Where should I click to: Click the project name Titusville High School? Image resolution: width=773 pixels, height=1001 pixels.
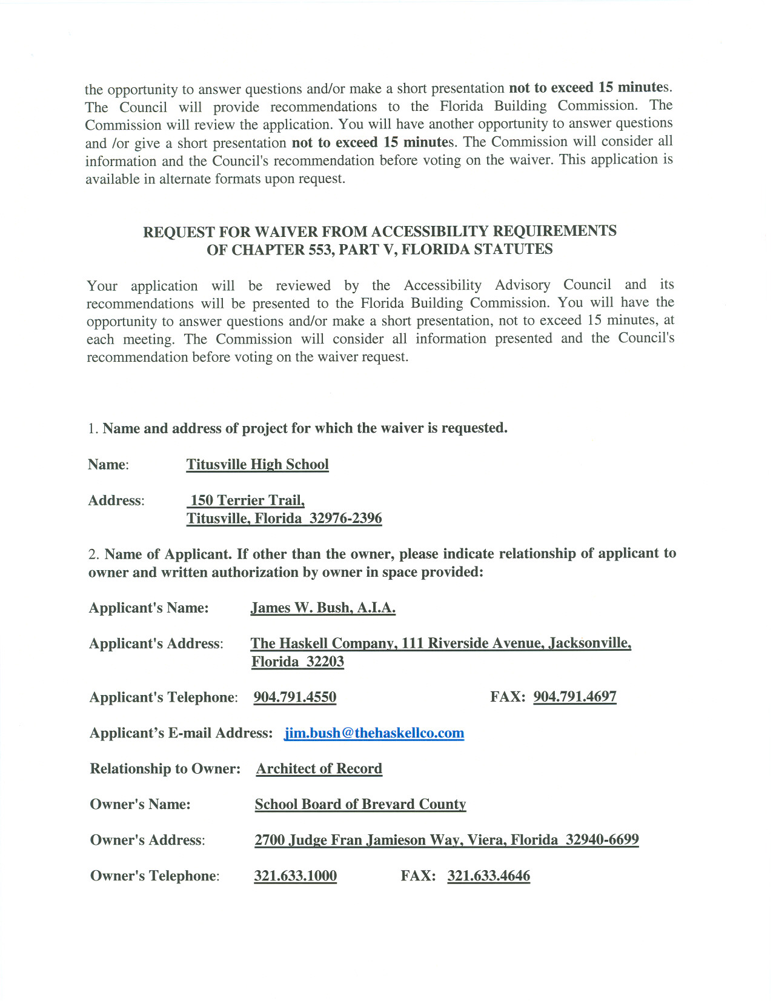click(x=257, y=465)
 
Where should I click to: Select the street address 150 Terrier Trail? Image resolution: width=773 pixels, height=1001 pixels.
click(x=247, y=501)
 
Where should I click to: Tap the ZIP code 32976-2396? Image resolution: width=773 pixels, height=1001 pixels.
click(x=345, y=519)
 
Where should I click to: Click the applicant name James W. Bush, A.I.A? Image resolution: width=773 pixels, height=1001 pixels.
click(x=323, y=608)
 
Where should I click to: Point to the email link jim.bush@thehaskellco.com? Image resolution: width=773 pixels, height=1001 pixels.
click(x=374, y=734)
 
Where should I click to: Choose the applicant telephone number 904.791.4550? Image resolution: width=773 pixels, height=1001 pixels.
click(x=294, y=697)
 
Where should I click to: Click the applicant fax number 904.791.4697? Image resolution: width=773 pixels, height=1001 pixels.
click(x=574, y=697)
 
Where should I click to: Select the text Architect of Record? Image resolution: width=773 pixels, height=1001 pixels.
click(x=319, y=769)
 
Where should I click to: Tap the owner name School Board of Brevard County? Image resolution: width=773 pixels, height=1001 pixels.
click(x=360, y=805)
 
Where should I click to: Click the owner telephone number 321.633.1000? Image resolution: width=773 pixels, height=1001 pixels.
click(x=295, y=876)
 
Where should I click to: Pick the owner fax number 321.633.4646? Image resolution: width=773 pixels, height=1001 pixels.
click(x=488, y=876)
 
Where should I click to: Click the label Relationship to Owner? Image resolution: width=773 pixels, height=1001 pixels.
click(x=165, y=769)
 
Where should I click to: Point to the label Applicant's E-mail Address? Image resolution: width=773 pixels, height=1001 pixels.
click(x=181, y=733)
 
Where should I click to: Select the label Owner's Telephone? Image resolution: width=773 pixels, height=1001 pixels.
click(x=154, y=876)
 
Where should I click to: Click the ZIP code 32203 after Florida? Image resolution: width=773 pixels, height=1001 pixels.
click(x=325, y=662)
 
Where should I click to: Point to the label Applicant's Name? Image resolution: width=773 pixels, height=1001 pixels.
click(x=148, y=608)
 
